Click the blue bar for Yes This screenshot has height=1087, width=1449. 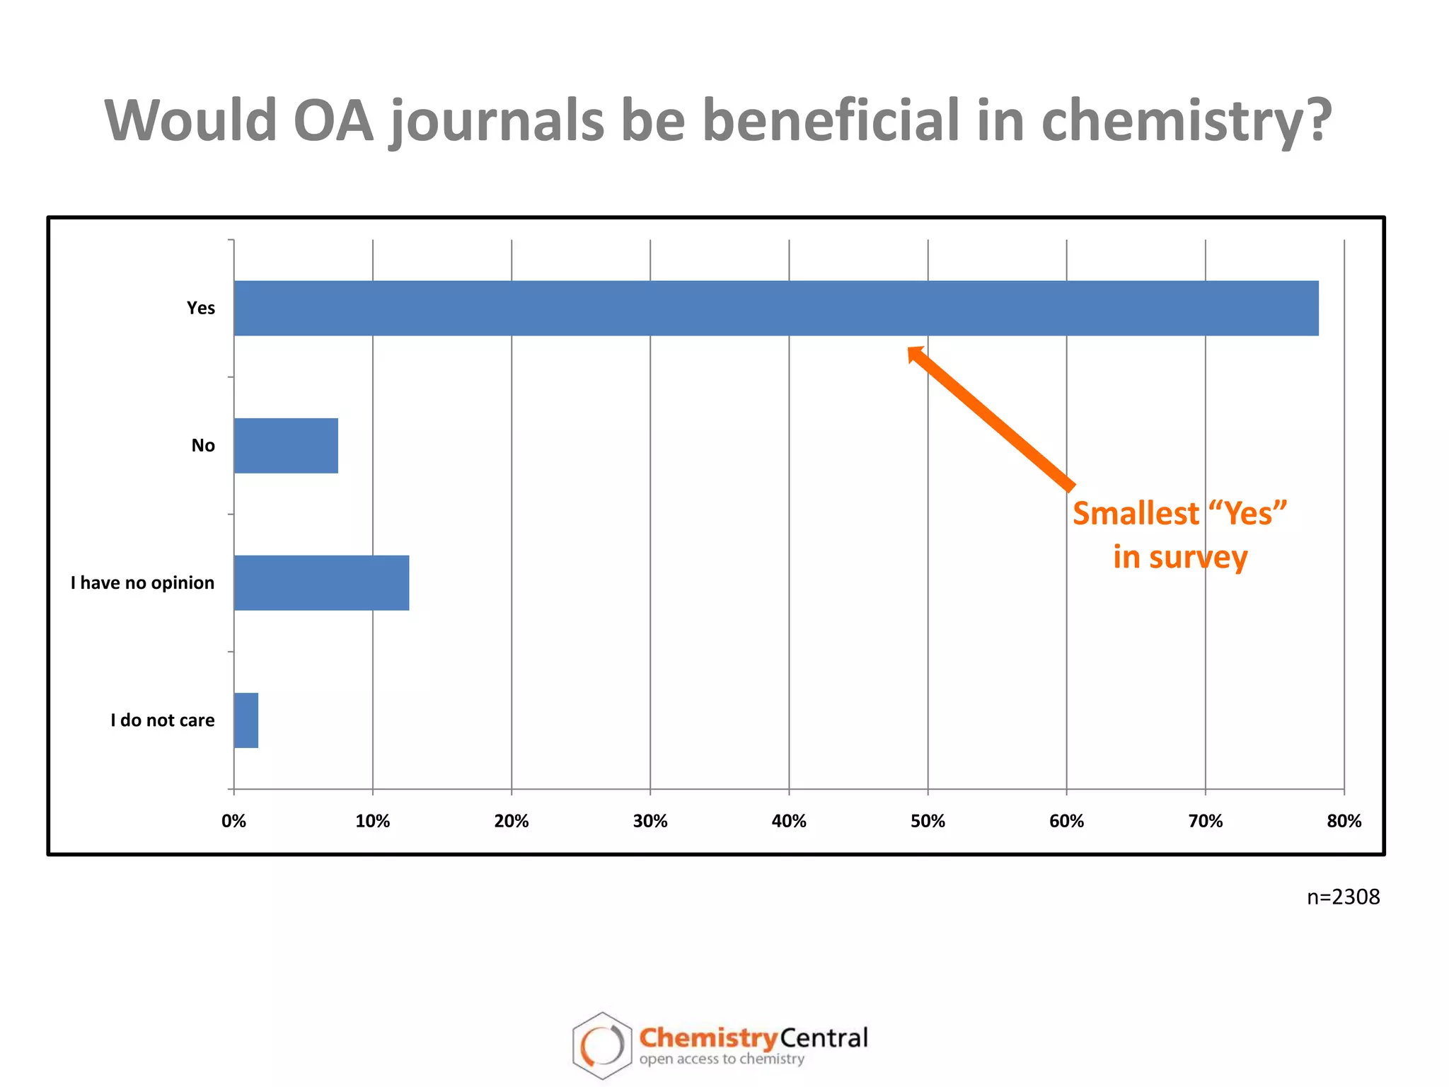pyautogui.click(x=775, y=308)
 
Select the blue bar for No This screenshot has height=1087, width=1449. pyautogui.click(x=286, y=445)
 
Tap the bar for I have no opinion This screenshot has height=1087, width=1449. pyautogui.click(x=321, y=582)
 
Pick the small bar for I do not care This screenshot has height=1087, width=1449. pyautogui.click(x=246, y=720)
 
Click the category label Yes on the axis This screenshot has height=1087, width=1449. pyautogui.click(x=201, y=308)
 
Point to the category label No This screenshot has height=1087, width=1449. pyautogui.click(x=203, y=445)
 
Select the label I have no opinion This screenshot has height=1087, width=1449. pyautogui.click(x=142, y=582)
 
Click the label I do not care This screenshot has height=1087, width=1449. pyautogui.click(x=163, y=720)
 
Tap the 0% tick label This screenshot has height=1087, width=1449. pyautogui.click(x=233, y=821)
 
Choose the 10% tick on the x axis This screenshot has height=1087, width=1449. pyautogui.click(x=372, y=821)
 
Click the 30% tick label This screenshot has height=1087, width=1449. pyautogui.click(x=650, y=821)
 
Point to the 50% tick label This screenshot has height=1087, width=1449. pyautogui.click(x=928, y=821)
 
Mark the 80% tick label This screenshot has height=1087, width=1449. pyautogui.click(x=1344, y=821)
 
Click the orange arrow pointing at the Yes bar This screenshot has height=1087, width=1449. pyautogui.click(x=991, y=418)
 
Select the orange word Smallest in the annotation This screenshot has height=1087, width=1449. pyautogui.click(x=1136, y=513)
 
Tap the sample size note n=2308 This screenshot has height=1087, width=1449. pyautogui.click(x=1343, y=897)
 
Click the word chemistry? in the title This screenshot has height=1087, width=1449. pyautogui.click(x=1186, y=120)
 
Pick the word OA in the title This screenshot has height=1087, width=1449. pyautogui.click(x=333, y=120)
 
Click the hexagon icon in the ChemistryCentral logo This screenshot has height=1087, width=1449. pyautogui.click(x=602, y=1045)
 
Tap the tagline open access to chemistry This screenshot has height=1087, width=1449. pyautogui.click(x=722, y=1059)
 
